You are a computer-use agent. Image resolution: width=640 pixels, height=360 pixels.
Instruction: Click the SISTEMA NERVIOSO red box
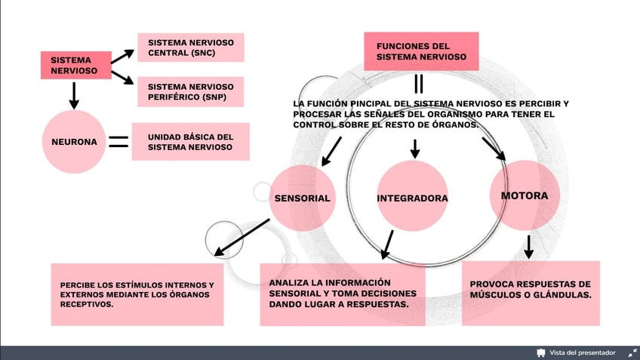(75, 66)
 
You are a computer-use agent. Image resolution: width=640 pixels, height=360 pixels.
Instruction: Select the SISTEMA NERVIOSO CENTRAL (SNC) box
(190, 48)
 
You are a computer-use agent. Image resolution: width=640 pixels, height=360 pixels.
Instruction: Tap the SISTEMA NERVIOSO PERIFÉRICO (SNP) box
(190, 91)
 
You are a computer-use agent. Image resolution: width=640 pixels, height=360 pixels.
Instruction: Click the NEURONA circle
(74, 141)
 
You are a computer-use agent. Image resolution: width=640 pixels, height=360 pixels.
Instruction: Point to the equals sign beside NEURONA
(118, 141)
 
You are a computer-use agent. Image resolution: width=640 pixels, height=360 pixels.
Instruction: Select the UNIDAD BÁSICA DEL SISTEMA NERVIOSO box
(190, 142)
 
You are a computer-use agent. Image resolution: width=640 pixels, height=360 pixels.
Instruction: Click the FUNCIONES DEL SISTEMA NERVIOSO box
(421, 51)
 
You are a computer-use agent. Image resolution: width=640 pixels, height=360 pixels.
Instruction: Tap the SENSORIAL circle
(302, 198)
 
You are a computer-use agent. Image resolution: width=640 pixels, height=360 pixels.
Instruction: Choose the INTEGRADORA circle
(412, 198)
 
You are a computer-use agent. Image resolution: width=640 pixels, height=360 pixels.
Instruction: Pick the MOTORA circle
(525, 195)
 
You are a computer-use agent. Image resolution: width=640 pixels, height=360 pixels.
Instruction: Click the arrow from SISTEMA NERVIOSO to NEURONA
(74, 95)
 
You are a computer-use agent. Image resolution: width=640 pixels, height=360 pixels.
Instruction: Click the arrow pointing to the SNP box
(122, 80)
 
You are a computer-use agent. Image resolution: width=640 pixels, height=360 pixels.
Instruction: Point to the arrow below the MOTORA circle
(528, 246)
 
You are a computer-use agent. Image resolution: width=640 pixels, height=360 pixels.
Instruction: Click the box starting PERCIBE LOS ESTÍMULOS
(137, 294)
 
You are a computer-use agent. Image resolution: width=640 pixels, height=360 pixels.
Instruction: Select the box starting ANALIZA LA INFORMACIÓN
(343, 294)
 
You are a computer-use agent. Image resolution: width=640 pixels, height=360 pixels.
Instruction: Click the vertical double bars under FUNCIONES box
(418, 83)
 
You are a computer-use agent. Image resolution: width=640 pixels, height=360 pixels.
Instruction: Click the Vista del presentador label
(581, 352)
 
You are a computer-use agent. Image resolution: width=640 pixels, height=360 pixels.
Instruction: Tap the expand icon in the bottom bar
(632, 352)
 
